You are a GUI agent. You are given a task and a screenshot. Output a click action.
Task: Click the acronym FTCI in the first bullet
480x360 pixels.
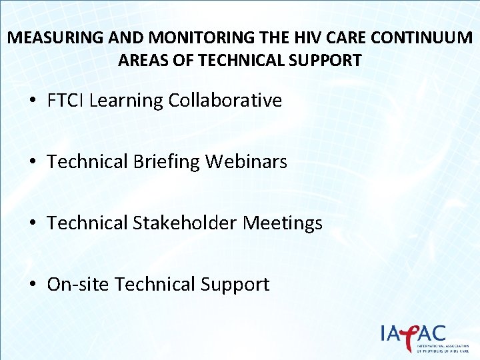tap(65, 101)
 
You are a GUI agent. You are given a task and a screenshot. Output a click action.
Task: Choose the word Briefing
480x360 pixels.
tap(169, 162)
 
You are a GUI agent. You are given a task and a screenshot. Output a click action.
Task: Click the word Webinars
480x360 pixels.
tap(246, 161)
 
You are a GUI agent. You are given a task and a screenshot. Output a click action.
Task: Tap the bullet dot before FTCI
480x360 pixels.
tap(33, 101)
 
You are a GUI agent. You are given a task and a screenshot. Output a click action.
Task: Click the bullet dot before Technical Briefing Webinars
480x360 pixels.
tap(33, 162)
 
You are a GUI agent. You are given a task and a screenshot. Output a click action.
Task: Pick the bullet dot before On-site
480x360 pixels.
tap(33, 285)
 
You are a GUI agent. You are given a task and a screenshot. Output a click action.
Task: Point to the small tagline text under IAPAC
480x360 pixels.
tap(442, 349)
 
